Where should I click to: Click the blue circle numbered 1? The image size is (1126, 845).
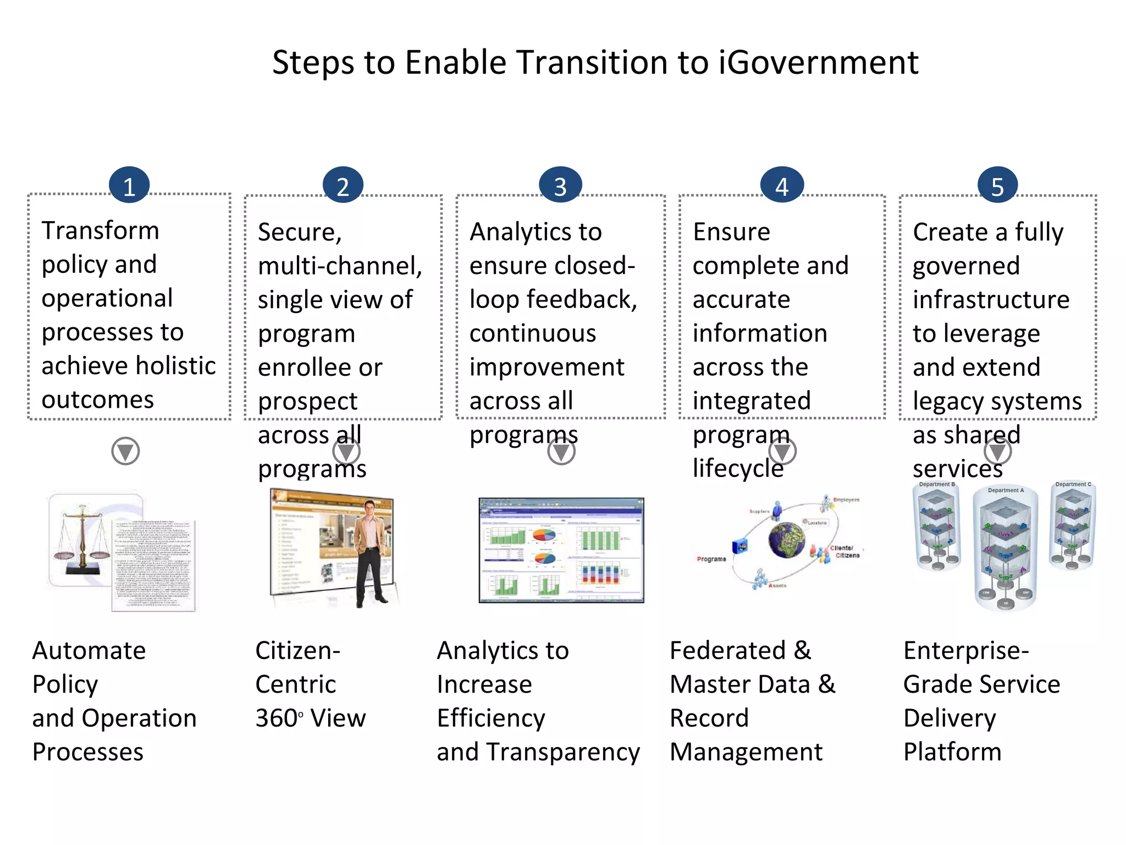point(129,185)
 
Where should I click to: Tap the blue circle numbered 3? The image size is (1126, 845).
point(560,185)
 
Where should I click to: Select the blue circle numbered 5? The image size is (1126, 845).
point(997,185)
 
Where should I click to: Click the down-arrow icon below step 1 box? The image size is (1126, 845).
point(125,451)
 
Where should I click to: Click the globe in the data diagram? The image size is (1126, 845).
point(787,540)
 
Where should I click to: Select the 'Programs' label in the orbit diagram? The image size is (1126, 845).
point(711,559)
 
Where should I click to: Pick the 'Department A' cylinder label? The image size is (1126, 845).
point(1006,490)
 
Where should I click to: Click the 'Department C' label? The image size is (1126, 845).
point(1073,484)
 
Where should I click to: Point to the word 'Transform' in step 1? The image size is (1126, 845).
point(100,231)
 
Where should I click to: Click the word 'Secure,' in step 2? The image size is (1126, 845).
point(300,232)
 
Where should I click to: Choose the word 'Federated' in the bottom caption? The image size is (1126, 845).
point(727,651)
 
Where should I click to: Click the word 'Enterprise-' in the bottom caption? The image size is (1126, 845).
point(966,651)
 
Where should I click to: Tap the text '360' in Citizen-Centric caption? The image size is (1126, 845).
point(276,718)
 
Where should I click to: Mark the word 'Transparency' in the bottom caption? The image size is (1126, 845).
point(585,752)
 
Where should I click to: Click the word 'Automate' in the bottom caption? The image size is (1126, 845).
point(89,651)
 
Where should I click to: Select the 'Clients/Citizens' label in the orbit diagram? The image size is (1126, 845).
point(844,552)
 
